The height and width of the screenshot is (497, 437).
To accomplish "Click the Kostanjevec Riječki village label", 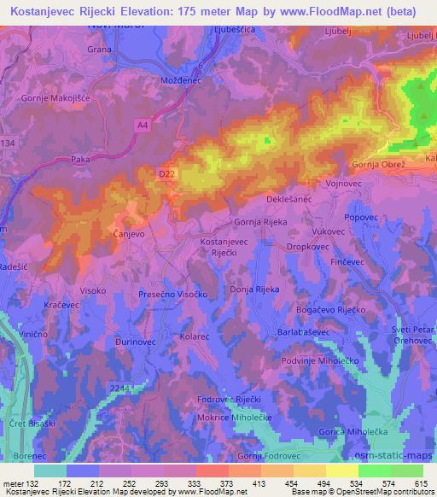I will (x=224, y=248).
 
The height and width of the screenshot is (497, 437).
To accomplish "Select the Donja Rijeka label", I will (x=254, y=290).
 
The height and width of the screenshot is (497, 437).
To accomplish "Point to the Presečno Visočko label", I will (x=174, y=293).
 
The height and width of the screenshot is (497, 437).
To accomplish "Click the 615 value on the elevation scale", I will (x=417, y=483).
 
